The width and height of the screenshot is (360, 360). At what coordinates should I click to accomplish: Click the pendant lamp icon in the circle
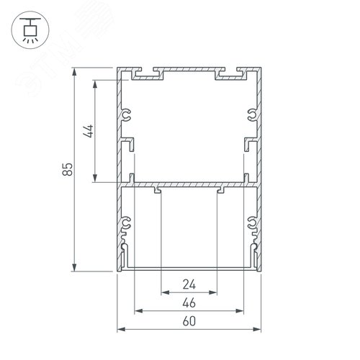pyautogui.click(x=28, y=29)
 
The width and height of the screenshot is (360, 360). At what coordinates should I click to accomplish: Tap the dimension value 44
pyautogui.click(x=89, y=131)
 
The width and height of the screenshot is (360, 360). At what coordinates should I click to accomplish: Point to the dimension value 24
pyautogui.click(x=189, y=284)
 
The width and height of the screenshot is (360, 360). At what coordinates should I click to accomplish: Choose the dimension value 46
pyautogui.click(x=189, y=302)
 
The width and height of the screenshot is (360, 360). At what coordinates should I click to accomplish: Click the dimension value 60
pyautogui.click(x=189, y=322)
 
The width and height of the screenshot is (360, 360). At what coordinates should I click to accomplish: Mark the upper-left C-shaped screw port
pyautogui.click(x=127, y=114)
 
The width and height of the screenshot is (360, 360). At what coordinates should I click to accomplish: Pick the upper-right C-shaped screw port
pyautogui.click(x=250, y=114)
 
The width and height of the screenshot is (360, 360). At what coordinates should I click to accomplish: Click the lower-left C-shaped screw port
pyautogui.click(x=127, y=225)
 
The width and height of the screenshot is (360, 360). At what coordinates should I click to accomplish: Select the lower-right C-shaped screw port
pyautogui.click(x=251, y=225)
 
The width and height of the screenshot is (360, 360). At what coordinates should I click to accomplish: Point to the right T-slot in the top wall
pyautogui.click(x=224, y=73)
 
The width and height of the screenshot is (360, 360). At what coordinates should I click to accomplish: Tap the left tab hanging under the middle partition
pyautogui.click(x=157, y=190)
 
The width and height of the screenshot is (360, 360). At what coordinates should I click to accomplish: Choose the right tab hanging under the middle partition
pyautogui.click(x=220, y=190)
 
